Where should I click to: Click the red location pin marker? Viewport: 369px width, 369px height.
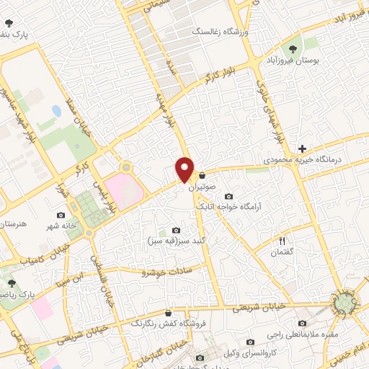185,169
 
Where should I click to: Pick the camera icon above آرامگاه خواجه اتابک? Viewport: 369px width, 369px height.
228,197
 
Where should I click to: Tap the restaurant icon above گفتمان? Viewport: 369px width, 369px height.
283,241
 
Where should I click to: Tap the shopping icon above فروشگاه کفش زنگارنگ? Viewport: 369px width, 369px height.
168,314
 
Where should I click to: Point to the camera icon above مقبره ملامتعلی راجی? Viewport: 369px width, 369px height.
302,323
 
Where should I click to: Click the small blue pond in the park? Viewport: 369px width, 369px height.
56,112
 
